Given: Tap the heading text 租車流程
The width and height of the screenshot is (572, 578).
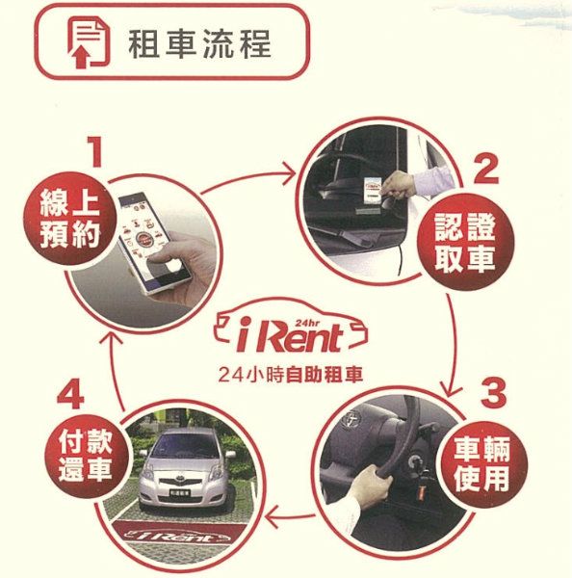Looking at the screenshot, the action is [199, 44].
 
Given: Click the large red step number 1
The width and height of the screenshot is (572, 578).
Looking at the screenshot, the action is [94, 151].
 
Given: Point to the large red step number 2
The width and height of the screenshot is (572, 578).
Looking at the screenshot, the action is [486, 170].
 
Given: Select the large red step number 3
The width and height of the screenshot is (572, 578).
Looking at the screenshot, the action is [493, 393].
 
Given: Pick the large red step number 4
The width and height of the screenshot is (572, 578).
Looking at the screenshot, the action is [71, 395].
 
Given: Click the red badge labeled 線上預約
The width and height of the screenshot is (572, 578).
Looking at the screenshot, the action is [69, 219].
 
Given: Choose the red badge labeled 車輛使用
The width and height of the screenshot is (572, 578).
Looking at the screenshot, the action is [482, 464].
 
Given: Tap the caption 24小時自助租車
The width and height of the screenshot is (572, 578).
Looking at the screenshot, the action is [291, 375].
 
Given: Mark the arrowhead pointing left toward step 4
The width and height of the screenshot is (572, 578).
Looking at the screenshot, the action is [272, 516].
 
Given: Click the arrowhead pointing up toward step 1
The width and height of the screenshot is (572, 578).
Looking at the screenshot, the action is [112, 335].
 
